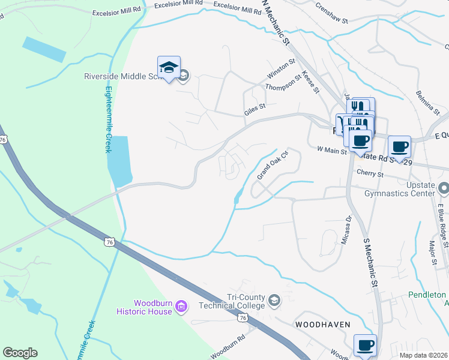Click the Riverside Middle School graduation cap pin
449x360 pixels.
(x=169, y=69)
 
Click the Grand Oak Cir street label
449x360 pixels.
(x=273, y=165)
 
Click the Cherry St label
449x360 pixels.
(x=370, y=174)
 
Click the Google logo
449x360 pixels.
(x=20, y=353)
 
